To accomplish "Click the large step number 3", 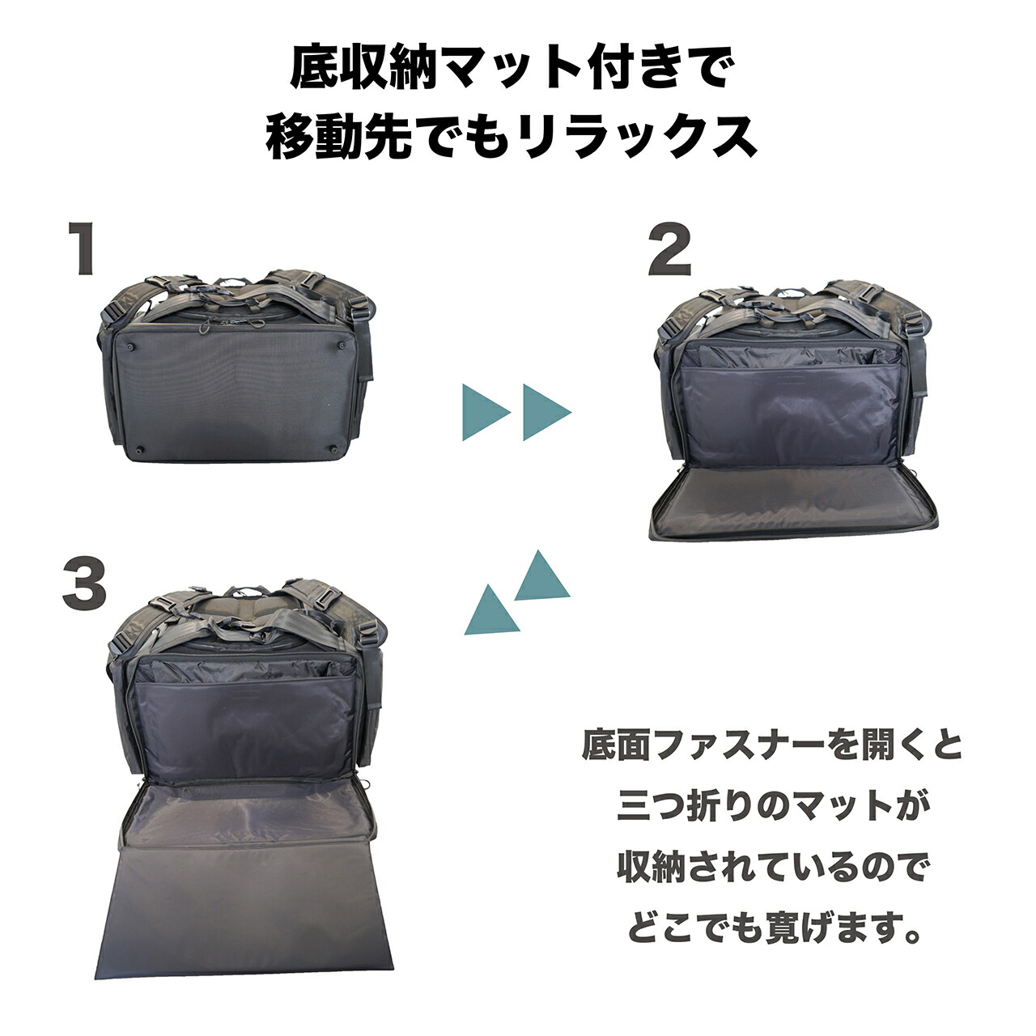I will click(84, 585).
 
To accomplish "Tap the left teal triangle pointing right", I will click(482, 412).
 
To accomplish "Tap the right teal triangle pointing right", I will click(544, 412).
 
